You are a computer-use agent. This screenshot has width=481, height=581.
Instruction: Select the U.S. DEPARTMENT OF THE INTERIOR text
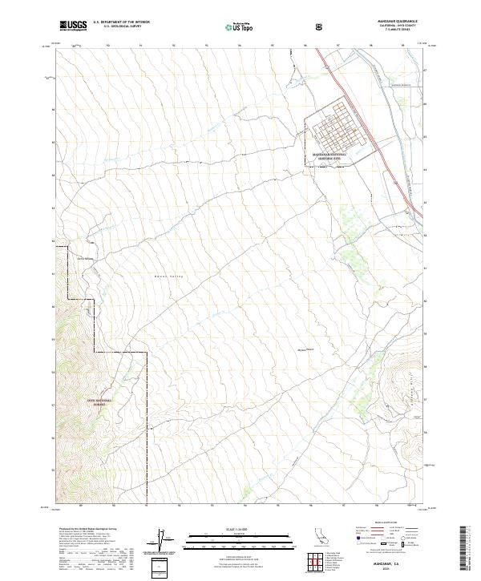pos(120,22)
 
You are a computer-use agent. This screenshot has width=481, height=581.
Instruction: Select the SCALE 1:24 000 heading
pos(229,527)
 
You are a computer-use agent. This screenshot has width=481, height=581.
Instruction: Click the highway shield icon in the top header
pos(321,26)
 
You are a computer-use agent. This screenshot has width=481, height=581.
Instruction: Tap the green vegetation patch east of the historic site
pos(350,216)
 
